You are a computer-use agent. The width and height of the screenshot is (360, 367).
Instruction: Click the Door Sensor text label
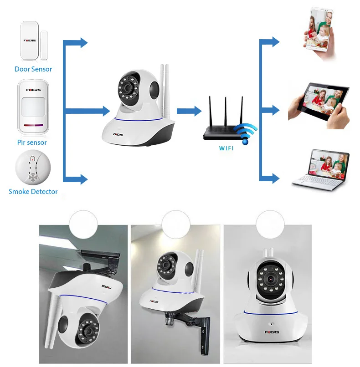[x=33, y=69]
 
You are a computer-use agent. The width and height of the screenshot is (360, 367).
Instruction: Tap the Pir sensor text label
[x=32, y=143]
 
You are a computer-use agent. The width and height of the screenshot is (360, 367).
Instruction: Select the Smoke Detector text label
[x=33, y=191]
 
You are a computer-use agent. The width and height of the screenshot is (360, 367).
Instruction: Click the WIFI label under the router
[x=226, y=148]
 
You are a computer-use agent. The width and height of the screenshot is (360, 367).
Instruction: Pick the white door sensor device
[x=34, y=41]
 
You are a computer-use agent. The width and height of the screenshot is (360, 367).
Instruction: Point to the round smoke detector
[x=33, y=168]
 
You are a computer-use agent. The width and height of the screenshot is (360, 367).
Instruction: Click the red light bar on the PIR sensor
[x=33, y=126]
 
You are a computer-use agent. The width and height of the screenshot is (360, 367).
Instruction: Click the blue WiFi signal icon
[x=245, y=134]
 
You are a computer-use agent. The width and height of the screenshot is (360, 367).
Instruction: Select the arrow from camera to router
[x=189, y=111]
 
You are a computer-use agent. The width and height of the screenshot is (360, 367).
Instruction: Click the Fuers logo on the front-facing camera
[x=272, y=332]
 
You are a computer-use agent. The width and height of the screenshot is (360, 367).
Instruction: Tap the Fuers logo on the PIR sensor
[x=33, y=90]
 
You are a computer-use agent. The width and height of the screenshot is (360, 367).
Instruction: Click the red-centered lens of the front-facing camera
[x=271, y=279]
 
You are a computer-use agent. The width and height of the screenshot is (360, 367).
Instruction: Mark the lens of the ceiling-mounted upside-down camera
[x=89, y=331]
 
